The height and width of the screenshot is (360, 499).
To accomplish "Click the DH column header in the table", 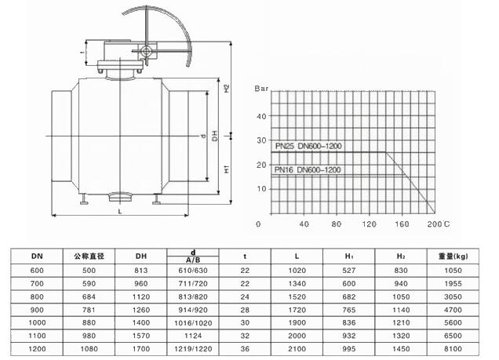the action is click(x=141, y=256).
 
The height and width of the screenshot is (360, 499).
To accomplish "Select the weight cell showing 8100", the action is click(x=453, y=349).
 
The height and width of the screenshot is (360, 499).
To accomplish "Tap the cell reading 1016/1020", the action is click(x=193, y=323).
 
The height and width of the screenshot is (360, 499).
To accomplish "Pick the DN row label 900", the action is click(x=37, y=310).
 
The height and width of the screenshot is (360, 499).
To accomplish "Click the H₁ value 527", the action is click(x=349, y=271).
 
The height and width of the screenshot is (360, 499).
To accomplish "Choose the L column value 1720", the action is click(x=297, y=310).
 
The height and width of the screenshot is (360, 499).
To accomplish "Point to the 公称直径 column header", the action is click(x=89, y=256).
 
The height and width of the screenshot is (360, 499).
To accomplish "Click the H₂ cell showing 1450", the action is click(x=401, y=349).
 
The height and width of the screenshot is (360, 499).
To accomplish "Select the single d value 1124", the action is click(x=193, y=336).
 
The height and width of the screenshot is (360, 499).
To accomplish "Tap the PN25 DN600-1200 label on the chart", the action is click(x=308, y=146).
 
